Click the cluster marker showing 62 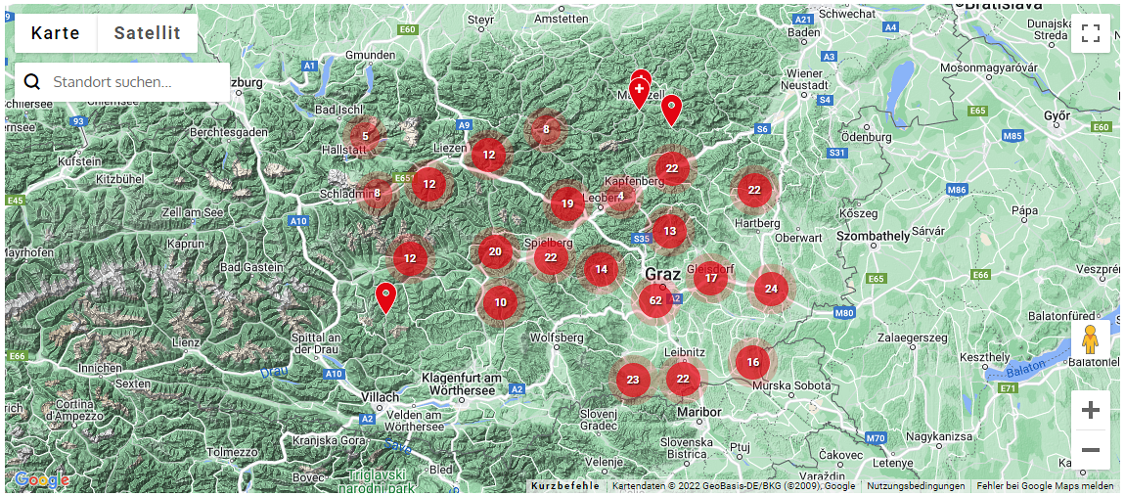tap(655, 300)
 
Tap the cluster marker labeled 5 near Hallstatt tap(365, 136)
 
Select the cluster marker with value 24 tap(771, 289)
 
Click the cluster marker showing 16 tap(752, 362)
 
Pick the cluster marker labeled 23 tap(633, 380)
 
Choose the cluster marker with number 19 tap(567, 204)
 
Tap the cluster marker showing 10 tap(500, 302)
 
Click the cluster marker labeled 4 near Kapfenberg tap(620, 196)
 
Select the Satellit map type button tap(147, 33)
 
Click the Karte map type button tap(56, 33)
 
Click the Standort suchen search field tap(132, 82)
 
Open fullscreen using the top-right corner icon tap(1091, 33)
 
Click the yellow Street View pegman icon tap(1090, 339)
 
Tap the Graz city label tap(662, 274)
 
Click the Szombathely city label tap(874, 236)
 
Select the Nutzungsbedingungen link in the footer tap(915, 486)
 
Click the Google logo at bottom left tap(40, 480)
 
